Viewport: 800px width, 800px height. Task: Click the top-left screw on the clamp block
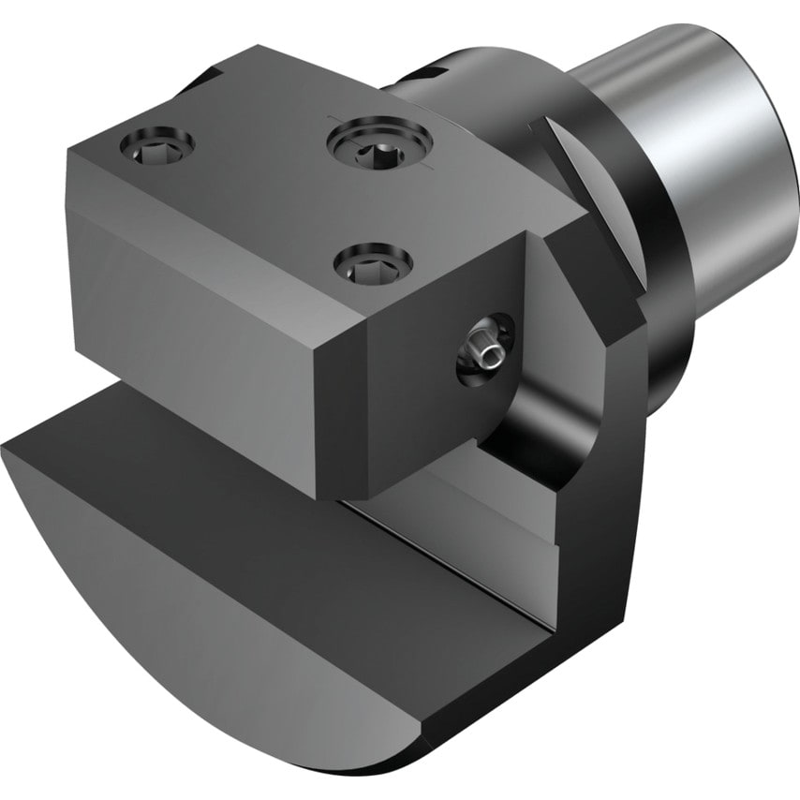(x=156, y=144)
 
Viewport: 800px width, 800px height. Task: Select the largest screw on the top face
(x=378, y=141)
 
